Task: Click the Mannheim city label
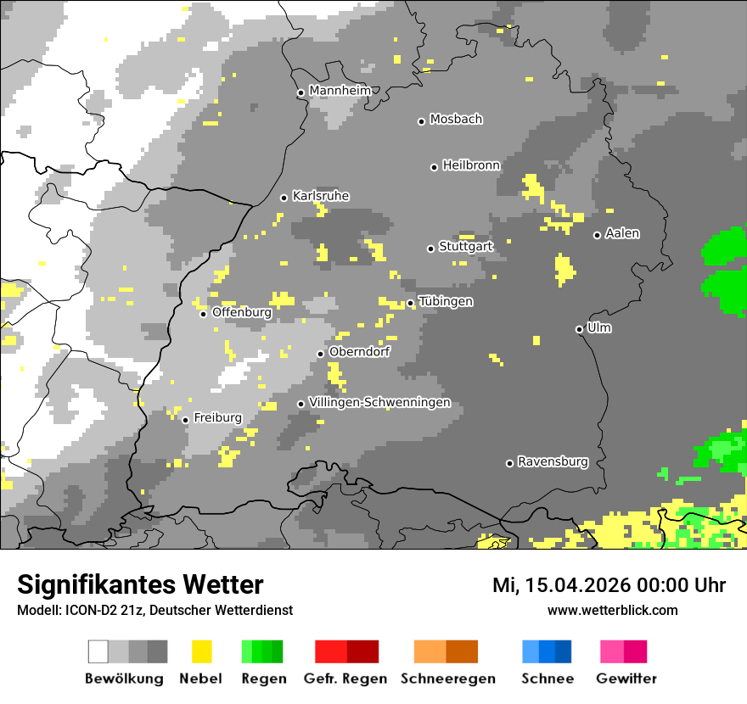(x=340, y=91)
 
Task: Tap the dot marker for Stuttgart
(x=430, y=249)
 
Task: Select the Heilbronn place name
(x=471, y=165)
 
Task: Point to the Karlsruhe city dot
(x=284, y=198)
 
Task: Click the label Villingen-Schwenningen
(x=379, y=403)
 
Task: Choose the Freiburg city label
(x=217, y=418)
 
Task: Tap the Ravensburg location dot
(x=509, y=463)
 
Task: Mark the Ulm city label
(x=599, y=328)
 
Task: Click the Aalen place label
(x=622, y=234)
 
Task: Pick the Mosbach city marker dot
(x=421, y=121)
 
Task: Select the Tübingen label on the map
(x=446, y=302)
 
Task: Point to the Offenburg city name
(x=242, y=312)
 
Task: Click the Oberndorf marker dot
(x=320, y=354)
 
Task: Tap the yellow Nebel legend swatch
(x=201, y=651)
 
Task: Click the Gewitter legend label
(x=626, y=679)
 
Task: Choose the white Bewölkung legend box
(x=98, y=651)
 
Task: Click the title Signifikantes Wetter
(x=140, y=585)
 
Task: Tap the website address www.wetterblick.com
(x=612, y=611)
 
